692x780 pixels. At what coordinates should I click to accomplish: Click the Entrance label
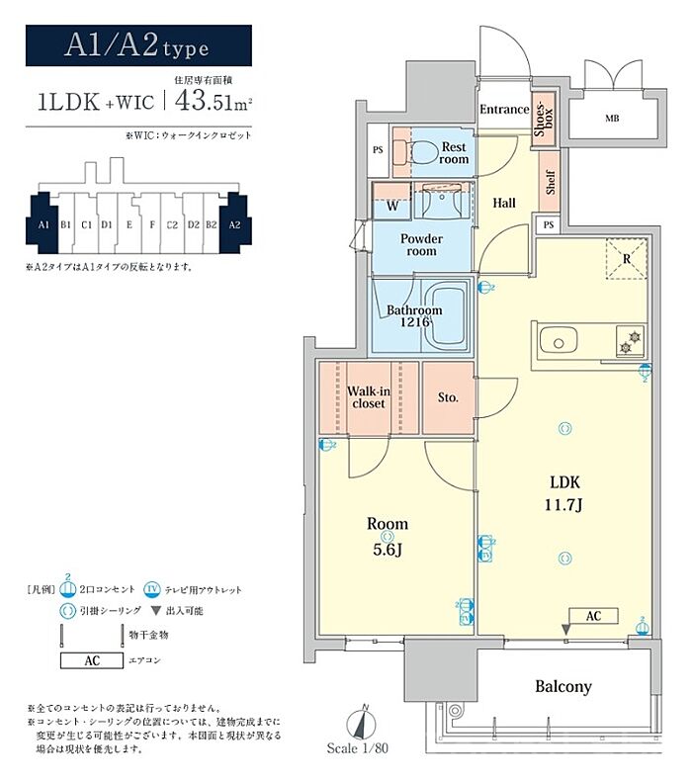(503, 109)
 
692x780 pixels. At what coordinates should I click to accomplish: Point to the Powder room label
(421, 244)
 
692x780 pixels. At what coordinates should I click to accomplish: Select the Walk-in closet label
(368, 396)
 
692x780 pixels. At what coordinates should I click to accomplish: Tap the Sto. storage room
(448, 397)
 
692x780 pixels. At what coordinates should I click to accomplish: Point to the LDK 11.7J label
(564, 492)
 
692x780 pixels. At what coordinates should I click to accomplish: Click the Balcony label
(563, 685)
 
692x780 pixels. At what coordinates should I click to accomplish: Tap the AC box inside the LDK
(593, 615)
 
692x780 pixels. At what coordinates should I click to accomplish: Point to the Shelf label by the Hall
(550, 184)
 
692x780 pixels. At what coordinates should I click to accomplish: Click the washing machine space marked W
(392, 207)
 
